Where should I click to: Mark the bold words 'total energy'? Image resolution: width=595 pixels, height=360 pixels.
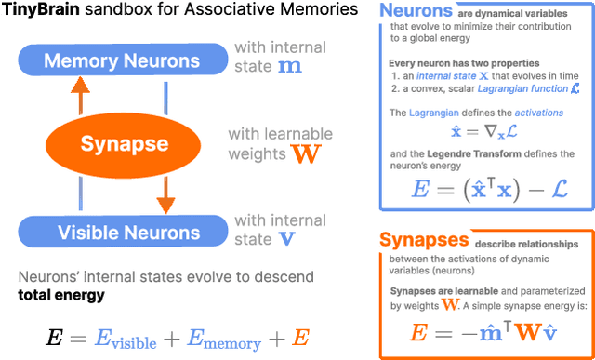[60, 296]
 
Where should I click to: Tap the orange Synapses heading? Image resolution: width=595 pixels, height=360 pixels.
[424, 240]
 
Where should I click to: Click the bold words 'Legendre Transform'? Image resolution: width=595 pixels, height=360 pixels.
[487, 153]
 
